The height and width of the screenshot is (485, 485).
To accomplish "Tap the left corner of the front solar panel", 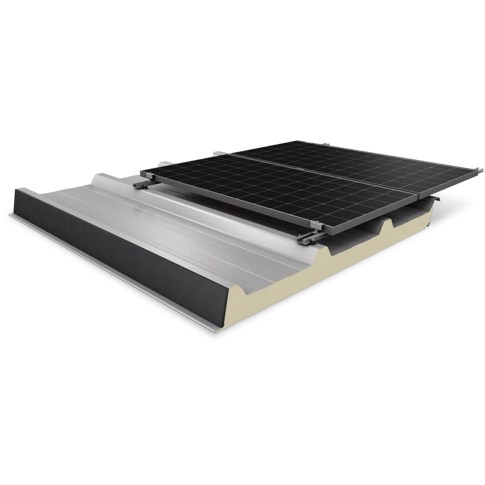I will [x=144, y=170].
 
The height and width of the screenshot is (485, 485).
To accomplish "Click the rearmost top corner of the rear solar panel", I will [x=284, y=142].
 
